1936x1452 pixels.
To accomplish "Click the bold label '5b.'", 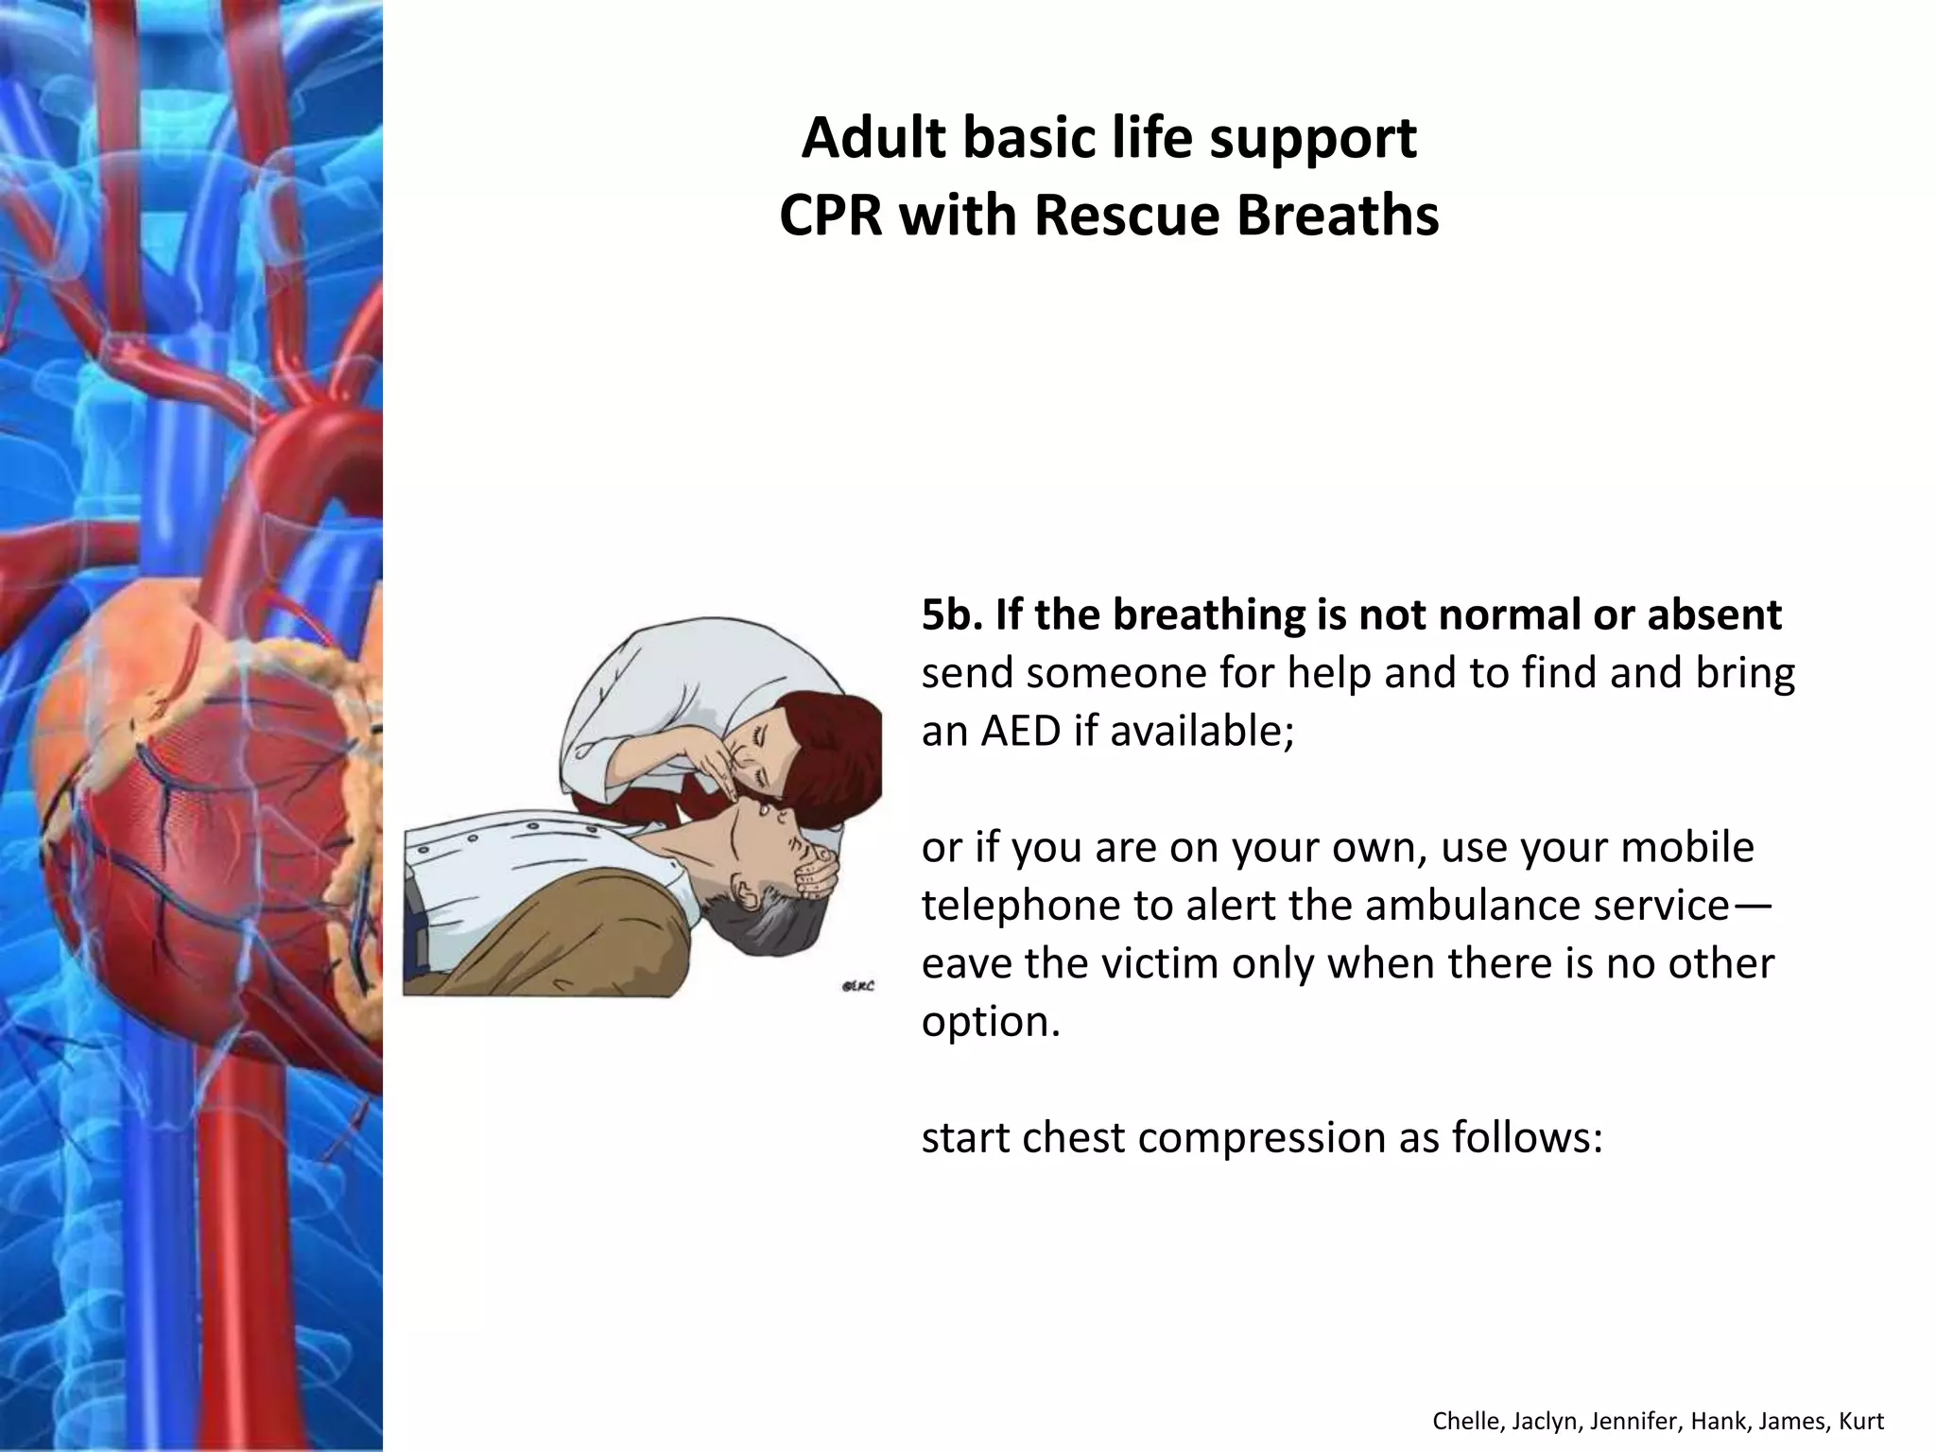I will (x=950, y=615).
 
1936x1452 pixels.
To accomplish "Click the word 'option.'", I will (x=990, y=1022).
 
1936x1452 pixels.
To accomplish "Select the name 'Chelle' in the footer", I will (x=1464, y=1421).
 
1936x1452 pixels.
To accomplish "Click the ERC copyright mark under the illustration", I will (x=857, y=986).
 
